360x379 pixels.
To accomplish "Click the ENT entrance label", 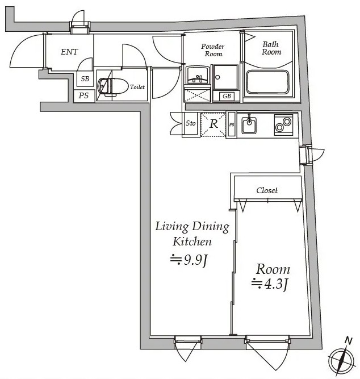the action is tap(69, 52).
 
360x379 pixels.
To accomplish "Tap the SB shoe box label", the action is tap(85, 79).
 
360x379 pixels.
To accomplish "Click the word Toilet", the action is tap(137, 87).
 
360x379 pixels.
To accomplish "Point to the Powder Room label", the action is tap(213, 50).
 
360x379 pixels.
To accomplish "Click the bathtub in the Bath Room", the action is tap(267, 82).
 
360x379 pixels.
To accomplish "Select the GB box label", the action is tap(227, 96).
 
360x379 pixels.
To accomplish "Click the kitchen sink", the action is tap(249, 124).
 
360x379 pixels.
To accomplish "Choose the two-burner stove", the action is tap(284, 124).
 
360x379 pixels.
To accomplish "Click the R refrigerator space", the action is tap(213, 124).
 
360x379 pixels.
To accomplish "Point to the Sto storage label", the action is tap(191, 123).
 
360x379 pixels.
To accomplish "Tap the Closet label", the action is tap(267, 190).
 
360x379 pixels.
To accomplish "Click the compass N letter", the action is tap(348, 341).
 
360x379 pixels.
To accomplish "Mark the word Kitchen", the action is tap(192, 241).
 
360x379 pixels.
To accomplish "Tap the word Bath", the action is tap(271, 44).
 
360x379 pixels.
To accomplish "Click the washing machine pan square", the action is tap(225, 77).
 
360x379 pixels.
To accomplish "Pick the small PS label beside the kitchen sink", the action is tap(232, 124).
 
